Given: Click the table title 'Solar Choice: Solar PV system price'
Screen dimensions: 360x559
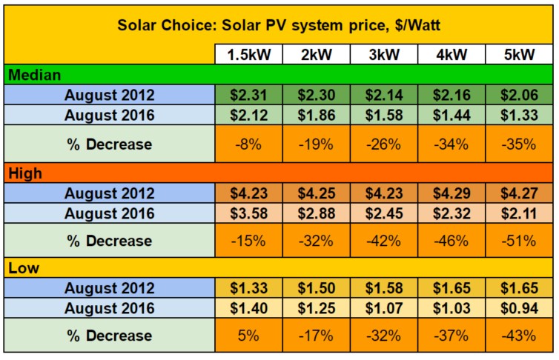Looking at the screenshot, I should [x=279, y=26].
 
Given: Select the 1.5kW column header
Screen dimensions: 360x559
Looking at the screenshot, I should [x=248, y=56].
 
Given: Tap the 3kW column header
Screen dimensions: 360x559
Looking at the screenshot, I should [x=383, y=56].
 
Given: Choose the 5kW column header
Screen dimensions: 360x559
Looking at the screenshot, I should [x=518, y=56].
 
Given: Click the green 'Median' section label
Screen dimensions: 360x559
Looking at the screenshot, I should [x=34, y=75].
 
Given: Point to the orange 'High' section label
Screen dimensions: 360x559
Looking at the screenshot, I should [x=25, y=173].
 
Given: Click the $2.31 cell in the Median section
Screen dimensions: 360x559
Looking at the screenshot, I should [x=248, y=95].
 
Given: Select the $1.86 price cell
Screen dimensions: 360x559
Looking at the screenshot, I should [x=316, y=116].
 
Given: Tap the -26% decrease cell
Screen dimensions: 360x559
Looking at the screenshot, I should [x=383, y=144].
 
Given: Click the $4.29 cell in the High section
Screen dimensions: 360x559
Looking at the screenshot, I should [x=451, y=193].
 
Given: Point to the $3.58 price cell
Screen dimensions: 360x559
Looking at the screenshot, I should [x=248, y=213].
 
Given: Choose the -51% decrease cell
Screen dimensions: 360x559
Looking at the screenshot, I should [x=518, y=241].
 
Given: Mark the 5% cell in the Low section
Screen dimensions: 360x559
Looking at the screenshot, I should [x=248, y=336].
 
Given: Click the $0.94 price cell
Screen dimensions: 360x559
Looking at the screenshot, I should [x=518, y=308].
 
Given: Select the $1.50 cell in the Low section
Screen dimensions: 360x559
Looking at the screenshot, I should [x=316, y=289].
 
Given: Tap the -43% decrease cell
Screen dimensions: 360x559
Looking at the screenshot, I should [x=518, y=336].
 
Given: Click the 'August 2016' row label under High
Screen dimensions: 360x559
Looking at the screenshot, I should [x=109, y=213].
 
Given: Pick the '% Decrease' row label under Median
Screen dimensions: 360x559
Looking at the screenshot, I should [x=109, y=144].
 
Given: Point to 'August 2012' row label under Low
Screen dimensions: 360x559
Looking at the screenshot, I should [x=109, y=289].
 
